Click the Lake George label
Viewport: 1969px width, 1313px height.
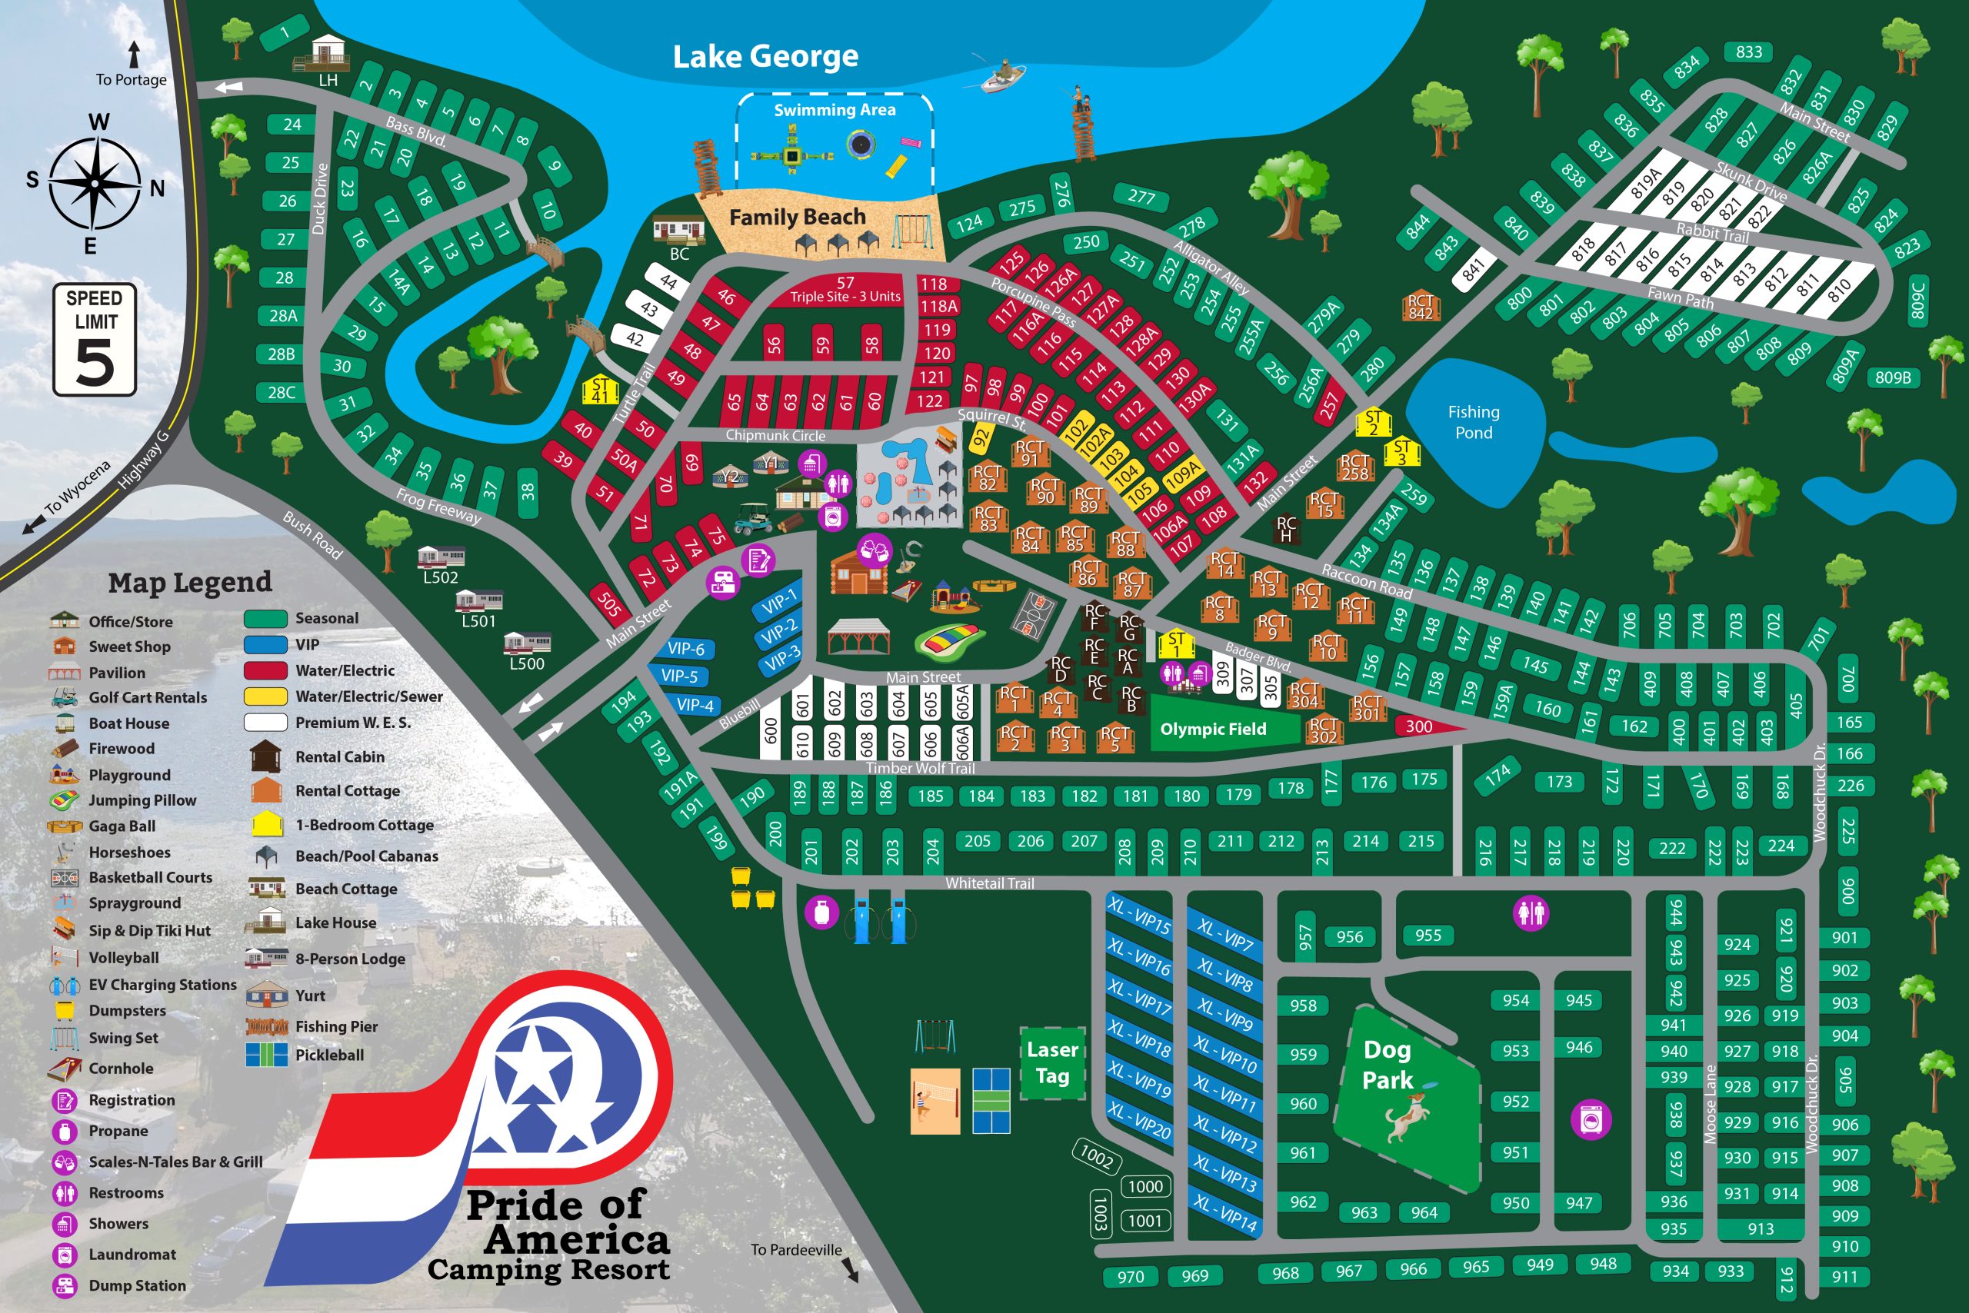(x=765, y=56)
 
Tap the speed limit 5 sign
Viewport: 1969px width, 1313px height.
(x=95, y=339)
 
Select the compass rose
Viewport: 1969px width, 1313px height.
(x=95, y=182)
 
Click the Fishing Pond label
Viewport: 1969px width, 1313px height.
(x=1473, y=422)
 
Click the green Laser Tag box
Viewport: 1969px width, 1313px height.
(x=1052, y=1062)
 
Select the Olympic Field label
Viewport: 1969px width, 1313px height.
(x=1212, y=730)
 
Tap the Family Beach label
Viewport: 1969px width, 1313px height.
(x=797, y=218)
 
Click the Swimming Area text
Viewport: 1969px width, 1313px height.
(x=835, y=110)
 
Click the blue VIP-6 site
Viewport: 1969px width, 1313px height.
(x=686, y=648)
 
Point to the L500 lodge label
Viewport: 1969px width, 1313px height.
(x=526, y=663)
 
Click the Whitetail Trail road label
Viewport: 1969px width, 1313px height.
(x=990, y=883)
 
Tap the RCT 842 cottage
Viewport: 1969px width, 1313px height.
(x=1420, y=307)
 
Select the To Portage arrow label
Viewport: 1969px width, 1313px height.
(x=131, y=79)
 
